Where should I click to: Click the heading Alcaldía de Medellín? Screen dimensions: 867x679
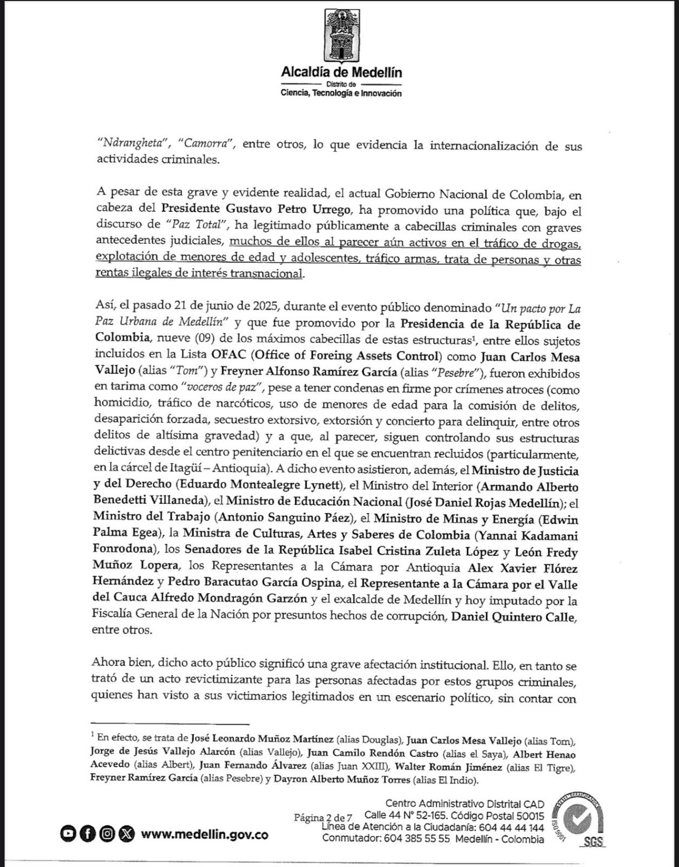click(341, 72)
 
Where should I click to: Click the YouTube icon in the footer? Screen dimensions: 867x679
click(68, 835)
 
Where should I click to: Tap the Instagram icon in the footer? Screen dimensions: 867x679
click(107, 835)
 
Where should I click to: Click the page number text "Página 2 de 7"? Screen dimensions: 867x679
click(323, 817)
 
